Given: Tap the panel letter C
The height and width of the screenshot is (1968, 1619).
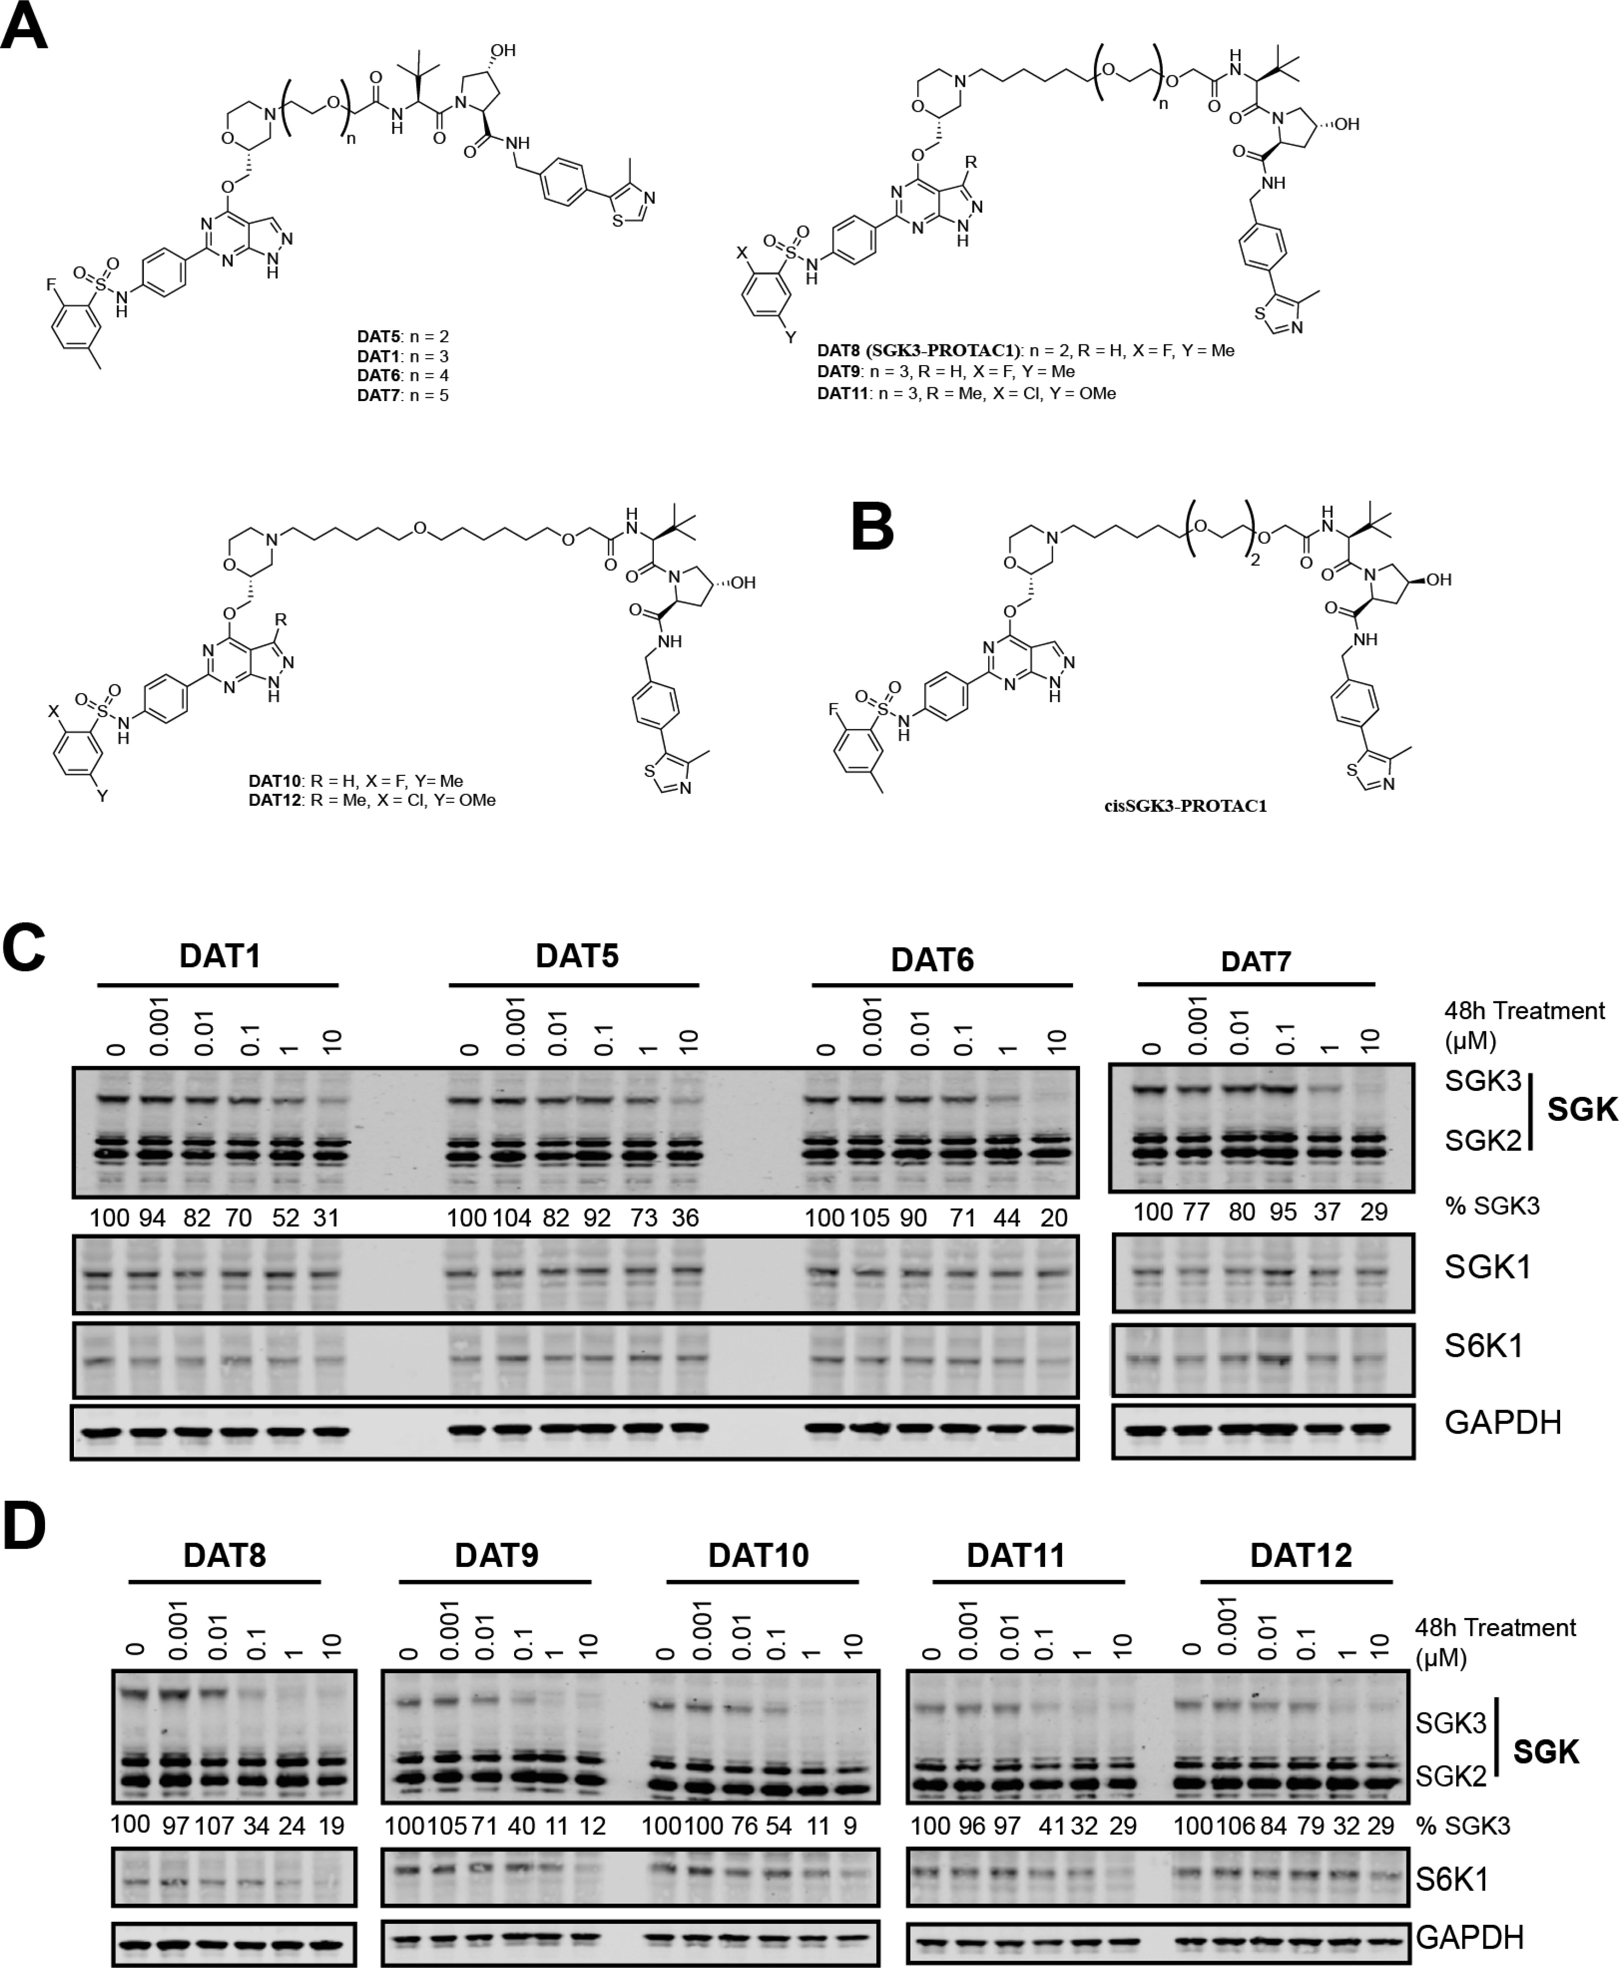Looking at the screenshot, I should click(24, 949).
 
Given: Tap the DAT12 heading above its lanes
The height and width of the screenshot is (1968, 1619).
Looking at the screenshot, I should click(1301, 1555).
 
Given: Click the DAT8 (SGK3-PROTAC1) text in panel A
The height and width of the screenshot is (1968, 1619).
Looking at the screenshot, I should click(918, 351).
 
